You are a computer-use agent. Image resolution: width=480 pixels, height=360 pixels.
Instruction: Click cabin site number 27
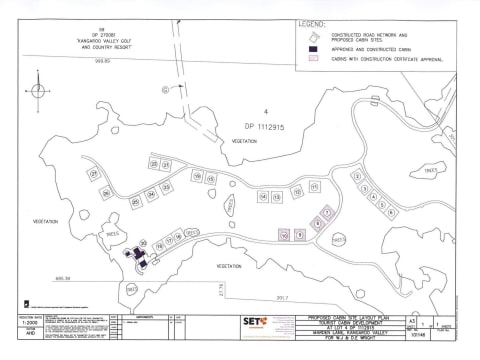point(93,174)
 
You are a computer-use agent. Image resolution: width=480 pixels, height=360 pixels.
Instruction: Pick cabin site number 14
point(263,197)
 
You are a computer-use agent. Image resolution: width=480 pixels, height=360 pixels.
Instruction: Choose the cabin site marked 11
point(314,186)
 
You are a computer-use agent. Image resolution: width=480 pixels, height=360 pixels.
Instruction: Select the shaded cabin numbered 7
point(327,213)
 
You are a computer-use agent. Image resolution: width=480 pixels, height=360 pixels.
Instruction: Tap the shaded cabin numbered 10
point(285,234)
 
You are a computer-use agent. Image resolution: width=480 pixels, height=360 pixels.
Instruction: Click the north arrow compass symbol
point(38,91)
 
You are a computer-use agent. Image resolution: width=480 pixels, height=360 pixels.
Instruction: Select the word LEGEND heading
point(313,24)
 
